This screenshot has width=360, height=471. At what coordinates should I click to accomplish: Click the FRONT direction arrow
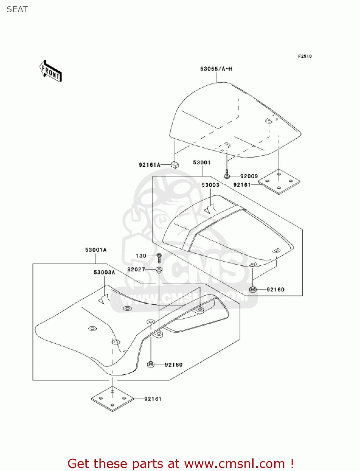pyautogui.click(x=51, y=71)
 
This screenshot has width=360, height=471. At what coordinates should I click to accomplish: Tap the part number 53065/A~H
pyautogui.click(x=216, y=69)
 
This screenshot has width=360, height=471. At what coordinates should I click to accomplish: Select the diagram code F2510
pyautogui.click(x=305, y=56)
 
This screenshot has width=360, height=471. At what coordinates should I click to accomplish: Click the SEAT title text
pyautogui.click(x=17, y=10)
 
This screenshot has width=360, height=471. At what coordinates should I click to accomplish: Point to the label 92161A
pyautogui.click(x=149, y=165)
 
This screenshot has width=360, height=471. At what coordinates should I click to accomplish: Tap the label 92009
pyautogui.click(x=249, y=176)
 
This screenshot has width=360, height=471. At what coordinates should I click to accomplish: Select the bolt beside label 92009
pyautogui.click(x=227, y=174)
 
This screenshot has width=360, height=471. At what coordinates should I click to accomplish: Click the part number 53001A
pyautogui.click(x=96, y=250)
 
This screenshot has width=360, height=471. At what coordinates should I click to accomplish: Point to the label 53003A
pyautogui.click(x=104, y=272)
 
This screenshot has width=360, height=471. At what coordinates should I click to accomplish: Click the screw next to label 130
pyautogui.click(x=159, y=258)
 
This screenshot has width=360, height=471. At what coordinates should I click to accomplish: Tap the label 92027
pyautogui.click(x=136, y=269)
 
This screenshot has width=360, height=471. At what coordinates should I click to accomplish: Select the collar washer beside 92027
pyautogui.click(x=159, y=270)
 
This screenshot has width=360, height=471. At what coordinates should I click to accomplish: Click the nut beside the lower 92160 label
pyautogui.click(x=151, y=364)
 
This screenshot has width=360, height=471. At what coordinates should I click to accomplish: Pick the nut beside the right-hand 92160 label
pyautogui.click(x=253, y=289)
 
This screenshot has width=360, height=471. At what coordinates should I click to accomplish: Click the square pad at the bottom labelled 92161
pyautogui.click(x=112, y=398)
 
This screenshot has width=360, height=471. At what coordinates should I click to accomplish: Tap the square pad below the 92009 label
pyautogui.click(x=279, y=182)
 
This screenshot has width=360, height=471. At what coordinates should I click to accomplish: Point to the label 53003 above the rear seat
pyautogui.click(x=210, y=185)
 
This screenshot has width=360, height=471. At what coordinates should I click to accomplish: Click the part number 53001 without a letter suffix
pyautogui.click(x=201, y=162)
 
